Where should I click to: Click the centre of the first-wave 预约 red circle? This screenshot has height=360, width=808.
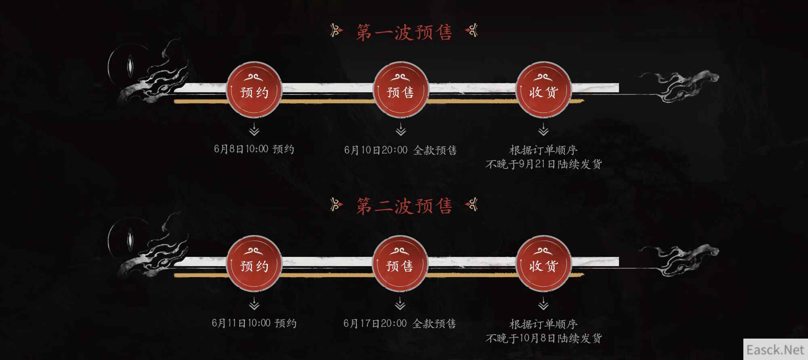[x=254, y=90]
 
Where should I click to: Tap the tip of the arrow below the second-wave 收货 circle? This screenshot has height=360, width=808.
[x=543, y=309]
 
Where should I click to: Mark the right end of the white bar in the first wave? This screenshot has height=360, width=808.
[x=619, y=87]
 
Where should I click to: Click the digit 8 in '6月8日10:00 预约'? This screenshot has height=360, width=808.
[x=232, y=149]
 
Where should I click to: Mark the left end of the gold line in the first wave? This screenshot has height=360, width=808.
[x=174, y=101]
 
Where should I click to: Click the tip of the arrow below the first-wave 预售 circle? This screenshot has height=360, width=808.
[x=400, y=135]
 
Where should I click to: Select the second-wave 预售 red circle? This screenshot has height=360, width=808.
[x=400, y=264]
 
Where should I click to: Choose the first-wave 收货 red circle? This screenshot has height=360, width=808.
[x=543, y=90]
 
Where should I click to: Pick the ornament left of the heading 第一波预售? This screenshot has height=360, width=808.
[x=337, y=30]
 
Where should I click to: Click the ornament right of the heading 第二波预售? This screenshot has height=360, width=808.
[x=471, y=204]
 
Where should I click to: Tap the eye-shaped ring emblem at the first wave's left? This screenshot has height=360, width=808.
[x=130, y=67]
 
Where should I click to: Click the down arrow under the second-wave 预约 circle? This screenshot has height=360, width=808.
[x=254, y=304]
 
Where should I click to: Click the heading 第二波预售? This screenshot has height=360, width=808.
[x=404, y=205]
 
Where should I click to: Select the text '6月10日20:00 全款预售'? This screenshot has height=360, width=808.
[x=400, y=150]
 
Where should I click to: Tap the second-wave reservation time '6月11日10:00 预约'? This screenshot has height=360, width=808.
[x=254, y=323]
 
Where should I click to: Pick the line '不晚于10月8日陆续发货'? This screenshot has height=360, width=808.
[x=543, y=338]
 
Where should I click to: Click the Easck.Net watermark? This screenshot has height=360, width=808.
[x=776, y=349]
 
